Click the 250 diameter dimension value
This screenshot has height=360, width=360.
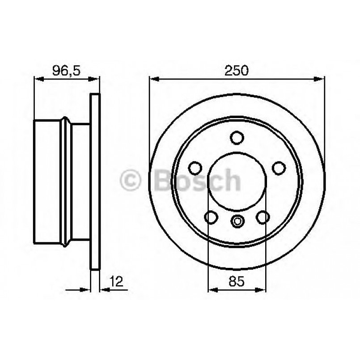tap(237, 70)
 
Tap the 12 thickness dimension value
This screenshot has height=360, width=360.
tap(115, 281)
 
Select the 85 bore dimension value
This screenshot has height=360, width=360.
tap(237, 281)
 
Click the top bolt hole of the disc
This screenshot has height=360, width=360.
tap(237, 136)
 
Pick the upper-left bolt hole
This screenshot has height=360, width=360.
tap(195, 168)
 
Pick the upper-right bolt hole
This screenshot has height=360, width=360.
tap(279, 168)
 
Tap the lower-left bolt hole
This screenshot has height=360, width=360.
tap(211, 217)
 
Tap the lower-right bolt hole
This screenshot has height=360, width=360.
tap(263, 217)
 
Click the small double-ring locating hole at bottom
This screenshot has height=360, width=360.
tap(237, 220)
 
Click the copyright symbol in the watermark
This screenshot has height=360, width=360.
tap(131, 181)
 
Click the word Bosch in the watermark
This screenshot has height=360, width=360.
tap(197, 180)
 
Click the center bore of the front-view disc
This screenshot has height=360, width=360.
tap(237, 179)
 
